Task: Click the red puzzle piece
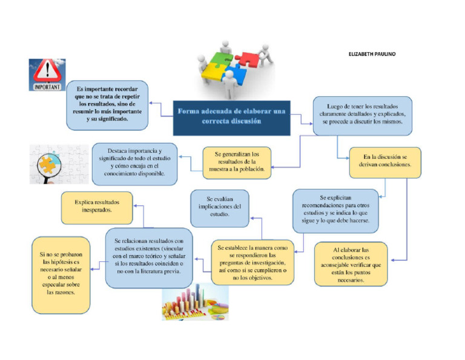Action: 248,59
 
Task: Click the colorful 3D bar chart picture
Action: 195,304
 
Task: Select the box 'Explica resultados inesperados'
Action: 97,207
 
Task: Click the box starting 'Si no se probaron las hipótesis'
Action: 61,275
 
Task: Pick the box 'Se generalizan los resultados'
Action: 237,162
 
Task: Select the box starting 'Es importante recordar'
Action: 107,104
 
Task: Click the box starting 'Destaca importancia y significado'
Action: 134,162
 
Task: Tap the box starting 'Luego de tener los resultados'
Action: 362,115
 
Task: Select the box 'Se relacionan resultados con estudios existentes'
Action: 149,258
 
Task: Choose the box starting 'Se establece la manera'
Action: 253,262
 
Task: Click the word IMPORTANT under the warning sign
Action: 46,87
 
